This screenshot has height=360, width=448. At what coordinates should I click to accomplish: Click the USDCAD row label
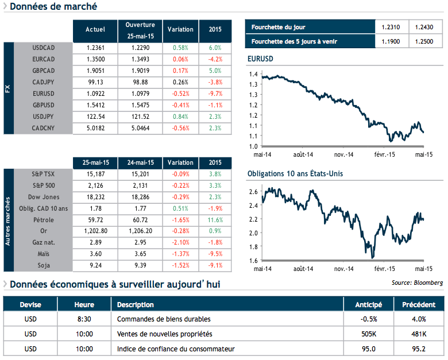[51, 47]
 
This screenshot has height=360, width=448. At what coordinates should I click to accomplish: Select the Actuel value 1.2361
[95, 47]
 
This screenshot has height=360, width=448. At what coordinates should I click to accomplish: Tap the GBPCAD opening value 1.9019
[140, 70]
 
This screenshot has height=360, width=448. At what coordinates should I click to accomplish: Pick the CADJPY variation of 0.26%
[180, 82]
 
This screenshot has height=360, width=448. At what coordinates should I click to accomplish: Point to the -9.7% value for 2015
[215, 93]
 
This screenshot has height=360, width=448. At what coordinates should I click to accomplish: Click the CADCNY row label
[51, 127]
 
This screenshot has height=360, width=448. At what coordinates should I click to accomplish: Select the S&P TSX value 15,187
[95, 174]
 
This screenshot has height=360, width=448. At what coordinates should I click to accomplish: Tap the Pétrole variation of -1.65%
[180, 220]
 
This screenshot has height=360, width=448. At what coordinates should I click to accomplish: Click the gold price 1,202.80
[95, 231]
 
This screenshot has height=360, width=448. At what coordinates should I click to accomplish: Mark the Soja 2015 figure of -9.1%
[215, 266]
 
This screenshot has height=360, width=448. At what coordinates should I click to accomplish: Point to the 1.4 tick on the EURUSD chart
[254, 75]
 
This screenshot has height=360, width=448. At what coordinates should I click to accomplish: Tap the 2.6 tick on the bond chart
[253, 191]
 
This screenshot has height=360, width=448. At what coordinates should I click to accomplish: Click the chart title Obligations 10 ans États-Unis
[295, 173]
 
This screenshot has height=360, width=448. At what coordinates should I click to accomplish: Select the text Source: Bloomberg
[417, 282]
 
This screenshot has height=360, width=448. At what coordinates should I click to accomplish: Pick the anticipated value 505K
[370, 334]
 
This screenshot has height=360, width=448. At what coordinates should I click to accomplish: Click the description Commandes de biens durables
[164, 319]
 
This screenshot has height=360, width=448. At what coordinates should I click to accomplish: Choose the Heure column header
[84, 305]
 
